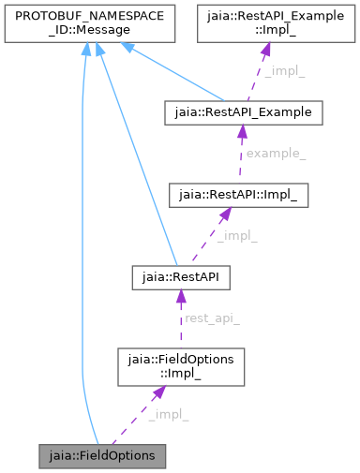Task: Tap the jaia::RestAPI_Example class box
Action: (x=243, y=112)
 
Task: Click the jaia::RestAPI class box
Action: (x=178, y=277)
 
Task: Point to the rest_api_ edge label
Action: (x=212, y=318)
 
